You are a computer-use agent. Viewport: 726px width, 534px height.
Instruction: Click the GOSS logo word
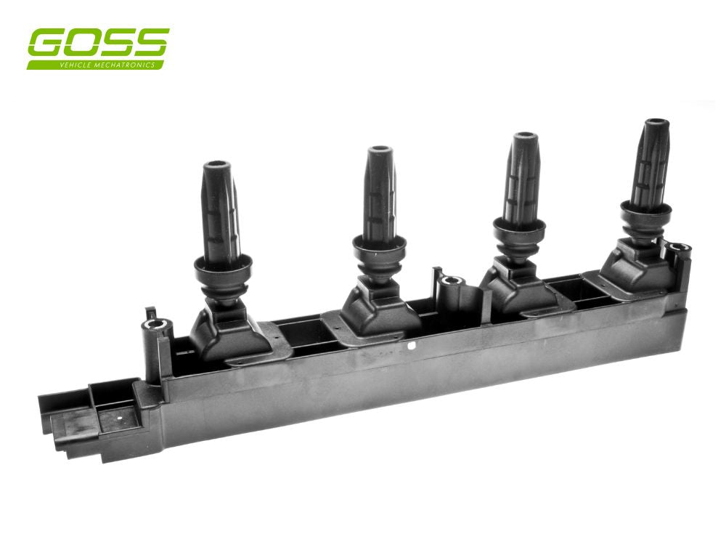98,44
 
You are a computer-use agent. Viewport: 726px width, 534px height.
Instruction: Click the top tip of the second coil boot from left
379,151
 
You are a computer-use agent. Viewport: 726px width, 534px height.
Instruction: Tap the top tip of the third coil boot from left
523,137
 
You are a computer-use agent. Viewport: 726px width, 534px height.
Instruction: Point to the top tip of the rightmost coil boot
657,124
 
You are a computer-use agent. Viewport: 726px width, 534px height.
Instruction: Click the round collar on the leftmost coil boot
222,267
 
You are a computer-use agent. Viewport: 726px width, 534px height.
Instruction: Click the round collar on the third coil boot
519,230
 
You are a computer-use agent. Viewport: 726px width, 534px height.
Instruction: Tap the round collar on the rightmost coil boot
645,212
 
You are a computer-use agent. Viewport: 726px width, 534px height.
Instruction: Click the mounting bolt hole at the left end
153,325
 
